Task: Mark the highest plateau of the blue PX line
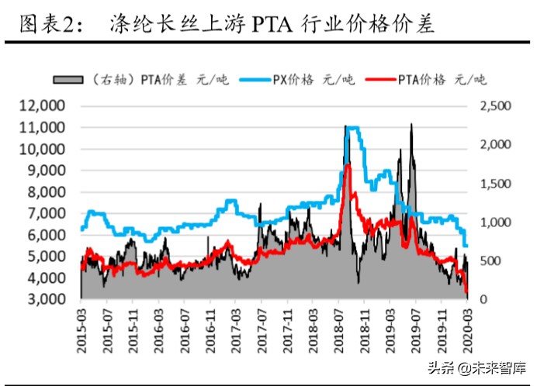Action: (353, 128)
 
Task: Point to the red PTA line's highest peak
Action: (348, 166)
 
